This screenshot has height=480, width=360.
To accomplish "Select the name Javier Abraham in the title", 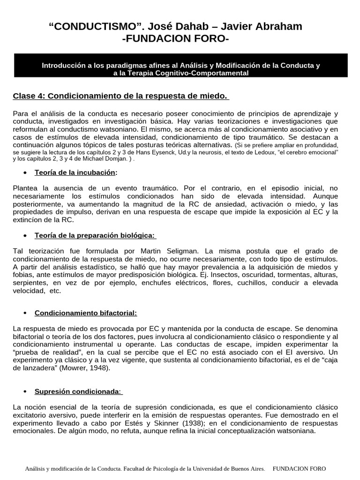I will click(x=261, y=27).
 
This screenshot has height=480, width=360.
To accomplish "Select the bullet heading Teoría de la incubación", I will click(x=75, y=172).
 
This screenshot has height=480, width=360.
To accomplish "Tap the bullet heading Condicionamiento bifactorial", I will click(x=86, y=313).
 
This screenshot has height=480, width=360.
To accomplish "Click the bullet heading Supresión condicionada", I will click(x=78, y=391).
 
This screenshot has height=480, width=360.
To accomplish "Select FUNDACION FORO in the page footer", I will click(x=299, y=469).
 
